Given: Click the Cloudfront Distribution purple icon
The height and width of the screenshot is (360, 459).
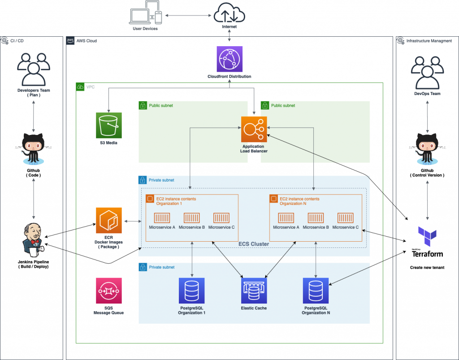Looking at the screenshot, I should (x=229, y=59).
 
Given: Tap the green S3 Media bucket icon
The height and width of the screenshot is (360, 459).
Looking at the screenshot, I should (x=109, y=125).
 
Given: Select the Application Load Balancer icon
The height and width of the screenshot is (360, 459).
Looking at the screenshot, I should (x=254, y=129).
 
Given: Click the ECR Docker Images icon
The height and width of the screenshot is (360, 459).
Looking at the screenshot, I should (x=109, y=220).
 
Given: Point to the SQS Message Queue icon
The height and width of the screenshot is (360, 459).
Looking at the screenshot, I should (x=109, y=291).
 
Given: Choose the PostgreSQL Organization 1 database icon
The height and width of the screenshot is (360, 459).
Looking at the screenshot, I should (x=191, y=291).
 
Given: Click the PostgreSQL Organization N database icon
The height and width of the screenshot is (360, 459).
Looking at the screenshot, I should (x=316, y=291).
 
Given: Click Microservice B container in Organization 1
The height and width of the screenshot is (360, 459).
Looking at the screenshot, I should (x=191, y=218).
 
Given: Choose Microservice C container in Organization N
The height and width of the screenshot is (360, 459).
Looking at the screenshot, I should (x=346, y=218).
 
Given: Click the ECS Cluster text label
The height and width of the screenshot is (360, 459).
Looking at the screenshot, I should (x=254, y=244).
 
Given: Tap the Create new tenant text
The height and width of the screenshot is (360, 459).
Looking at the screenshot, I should (x=427, y=267).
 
